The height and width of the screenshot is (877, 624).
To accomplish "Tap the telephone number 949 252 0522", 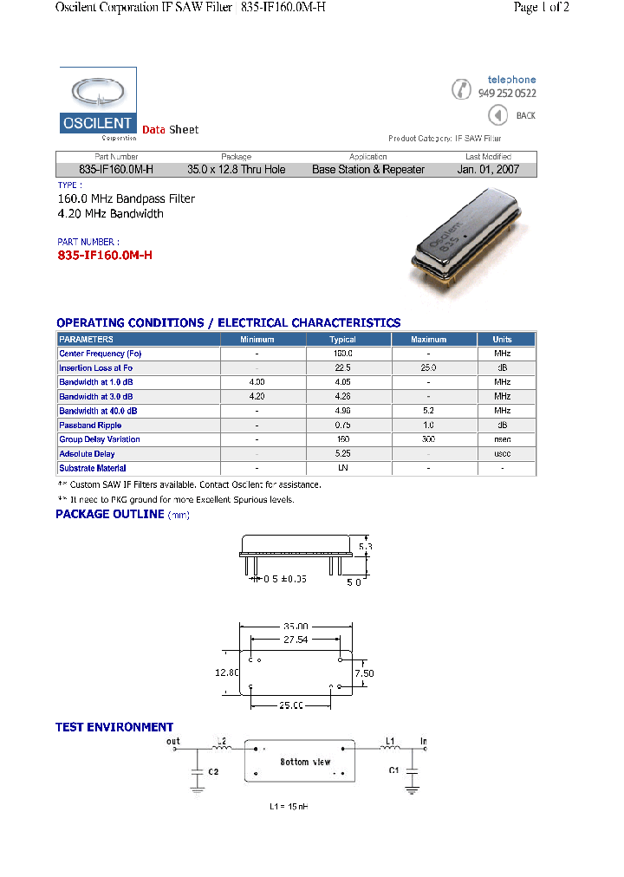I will pyautogui.click(x=507, y=94).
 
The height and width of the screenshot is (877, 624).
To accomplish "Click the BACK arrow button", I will pyautogui.click(x=497, y=115).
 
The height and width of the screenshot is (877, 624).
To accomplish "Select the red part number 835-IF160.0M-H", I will pyautogui.click(x=104, y=256).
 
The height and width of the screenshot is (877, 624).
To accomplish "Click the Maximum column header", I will pyautogui.click(x=428, y=340).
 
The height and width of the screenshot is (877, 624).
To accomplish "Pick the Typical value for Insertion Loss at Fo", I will pyautogui.click(x=342, y=368).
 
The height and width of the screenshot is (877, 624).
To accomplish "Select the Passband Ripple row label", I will pyautogui.click(x=90, y=426).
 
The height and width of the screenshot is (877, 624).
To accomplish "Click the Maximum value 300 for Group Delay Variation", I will pyautogui.click(x=428, y=439).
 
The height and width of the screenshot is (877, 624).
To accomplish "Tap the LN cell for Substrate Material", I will pyautogui.click(x=342, y=468).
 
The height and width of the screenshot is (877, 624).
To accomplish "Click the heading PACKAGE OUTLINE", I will pyautogui.click(x=110, y=515).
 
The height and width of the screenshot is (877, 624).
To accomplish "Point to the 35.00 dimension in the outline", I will pyautogui.click(x=296, y=626).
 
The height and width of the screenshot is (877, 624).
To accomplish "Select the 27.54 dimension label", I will pyautogui.click(x=296, y=640).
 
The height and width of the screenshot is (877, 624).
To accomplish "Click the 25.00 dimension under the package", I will pyautogui.click(x=290, y=705).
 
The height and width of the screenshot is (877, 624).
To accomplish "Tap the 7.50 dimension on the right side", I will pyautogui.click(x=365, y=673).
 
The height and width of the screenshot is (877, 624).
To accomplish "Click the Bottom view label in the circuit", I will pyautogui.click(x=305, y=762).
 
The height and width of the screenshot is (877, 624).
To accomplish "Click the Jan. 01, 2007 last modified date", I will pyautogui.click(x=488, y=170).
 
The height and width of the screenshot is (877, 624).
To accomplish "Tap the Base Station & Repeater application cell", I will pyautogui.click(x=368, y=170).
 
